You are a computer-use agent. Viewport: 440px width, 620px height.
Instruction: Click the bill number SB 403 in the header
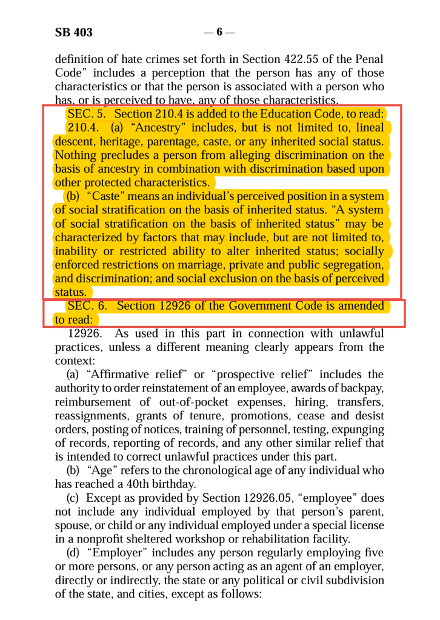74,32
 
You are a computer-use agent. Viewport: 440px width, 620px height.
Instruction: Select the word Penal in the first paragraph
368,59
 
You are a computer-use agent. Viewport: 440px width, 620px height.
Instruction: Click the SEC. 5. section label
87,114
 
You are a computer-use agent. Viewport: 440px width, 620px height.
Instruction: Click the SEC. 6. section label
87,306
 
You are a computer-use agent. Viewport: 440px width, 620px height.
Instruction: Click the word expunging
361,429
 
